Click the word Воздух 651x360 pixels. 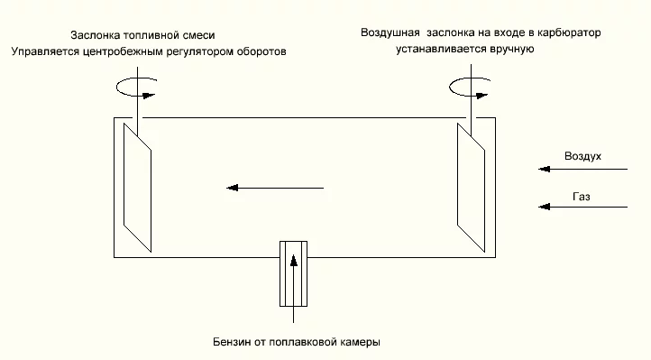point(582,156)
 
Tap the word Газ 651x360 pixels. point(582,197)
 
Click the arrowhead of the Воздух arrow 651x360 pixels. point(545,169)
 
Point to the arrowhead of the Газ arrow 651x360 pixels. point(545,207)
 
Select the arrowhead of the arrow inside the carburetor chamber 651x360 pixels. point(232,188)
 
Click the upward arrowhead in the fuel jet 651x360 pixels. point(294,261)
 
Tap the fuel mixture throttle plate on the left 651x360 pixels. point(137,188)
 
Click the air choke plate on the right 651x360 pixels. point(471,188)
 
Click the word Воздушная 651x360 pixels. point(390,32)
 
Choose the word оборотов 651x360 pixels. point(261,52)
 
